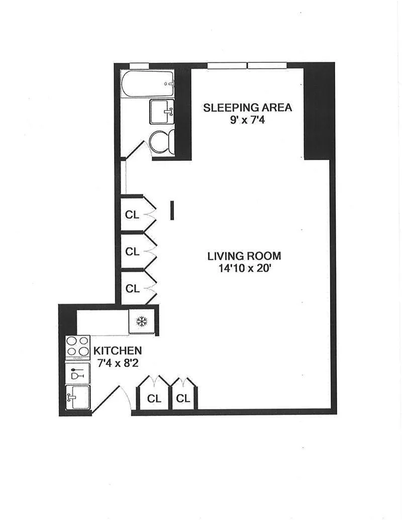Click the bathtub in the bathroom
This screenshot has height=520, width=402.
[147, 84]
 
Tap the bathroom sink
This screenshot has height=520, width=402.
[162, 112]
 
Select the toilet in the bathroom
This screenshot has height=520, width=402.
[162, 142]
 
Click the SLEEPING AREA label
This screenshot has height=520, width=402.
[247, 108]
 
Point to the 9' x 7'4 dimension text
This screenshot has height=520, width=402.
[247, 120]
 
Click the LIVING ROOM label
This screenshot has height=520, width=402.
[244, 256]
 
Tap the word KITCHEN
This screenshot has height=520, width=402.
[118, 351]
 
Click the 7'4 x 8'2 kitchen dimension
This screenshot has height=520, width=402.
[118, 363]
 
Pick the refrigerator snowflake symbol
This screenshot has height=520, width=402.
[142, 322]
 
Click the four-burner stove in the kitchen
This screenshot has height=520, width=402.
[78, 346]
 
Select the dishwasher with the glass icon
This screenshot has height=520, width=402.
[78, 373]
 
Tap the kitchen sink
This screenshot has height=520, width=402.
[78, 397]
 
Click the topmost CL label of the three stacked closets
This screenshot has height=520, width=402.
[132, 215]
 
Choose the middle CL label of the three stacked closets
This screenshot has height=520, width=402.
[132, 252]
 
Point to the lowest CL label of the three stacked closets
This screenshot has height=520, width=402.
[133, 289]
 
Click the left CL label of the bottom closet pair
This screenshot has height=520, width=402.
[154, 398]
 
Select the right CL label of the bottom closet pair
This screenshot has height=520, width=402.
[183, 398]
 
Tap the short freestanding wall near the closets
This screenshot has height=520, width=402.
[172, 210]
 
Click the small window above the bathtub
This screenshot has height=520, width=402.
[139, 65]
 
